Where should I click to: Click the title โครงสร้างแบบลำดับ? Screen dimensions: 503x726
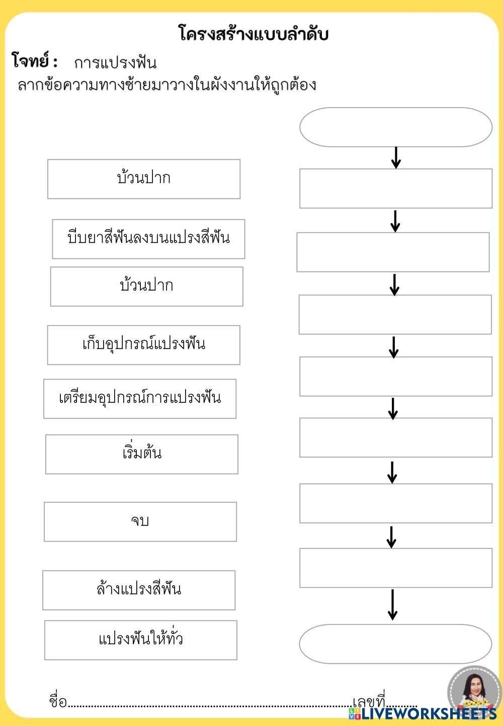(x=254, y=34)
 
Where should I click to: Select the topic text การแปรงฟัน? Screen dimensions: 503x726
(x=115, y=63)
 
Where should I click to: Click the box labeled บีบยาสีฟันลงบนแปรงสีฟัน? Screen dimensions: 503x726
(x=148, y=239)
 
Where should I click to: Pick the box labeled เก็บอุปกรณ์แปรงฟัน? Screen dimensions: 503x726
(x=143, y=345)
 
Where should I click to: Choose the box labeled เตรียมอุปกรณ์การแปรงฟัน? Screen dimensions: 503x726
(x=140, y=399)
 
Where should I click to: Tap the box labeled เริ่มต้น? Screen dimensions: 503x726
(x=141, y=454)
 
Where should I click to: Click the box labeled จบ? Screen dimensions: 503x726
(x=140, y=521)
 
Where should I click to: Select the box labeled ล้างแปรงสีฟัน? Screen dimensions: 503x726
(x=138, y=590)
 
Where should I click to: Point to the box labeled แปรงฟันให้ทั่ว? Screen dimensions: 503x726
(x=140, y=640)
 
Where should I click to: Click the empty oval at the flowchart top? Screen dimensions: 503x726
(x=395, y=127)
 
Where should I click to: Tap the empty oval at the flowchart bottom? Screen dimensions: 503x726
(x=395, y=644)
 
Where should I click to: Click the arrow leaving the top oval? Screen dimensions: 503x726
(x=396, y=157)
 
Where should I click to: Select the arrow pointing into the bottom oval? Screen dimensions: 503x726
(x=392, y=605)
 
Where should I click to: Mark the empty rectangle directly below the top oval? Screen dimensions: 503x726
(x=395, y=188)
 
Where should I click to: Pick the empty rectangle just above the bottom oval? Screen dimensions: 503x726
(x=395, y=568)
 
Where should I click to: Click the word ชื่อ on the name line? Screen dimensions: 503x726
(x=58, y=701)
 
